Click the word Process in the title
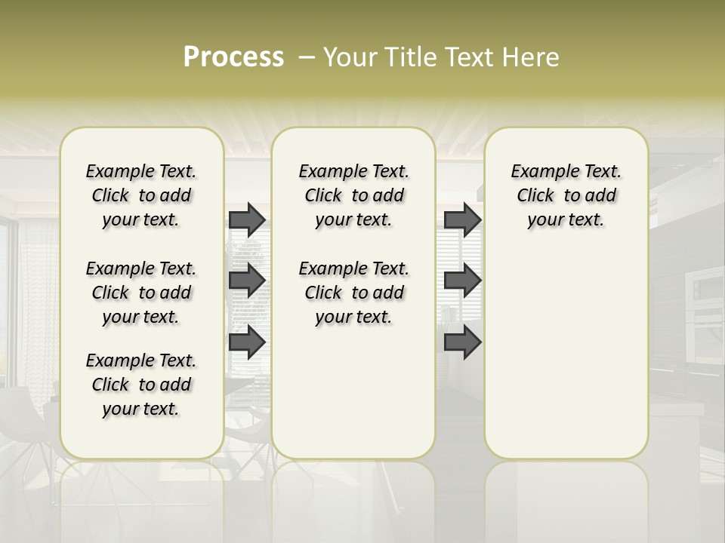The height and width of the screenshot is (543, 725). [x=233, y=57]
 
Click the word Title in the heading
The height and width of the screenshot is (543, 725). [x=408, y=57]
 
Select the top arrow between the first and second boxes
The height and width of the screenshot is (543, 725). [x=247, y=219]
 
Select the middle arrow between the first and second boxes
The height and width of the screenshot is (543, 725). [x=247, y=281]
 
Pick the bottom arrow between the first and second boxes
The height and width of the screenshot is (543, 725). [x=247, y=342]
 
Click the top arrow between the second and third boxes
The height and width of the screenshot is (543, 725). [x=462, y=219]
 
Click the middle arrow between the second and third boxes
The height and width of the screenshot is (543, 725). [x=462, y=281]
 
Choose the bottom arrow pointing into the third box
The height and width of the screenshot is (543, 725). [x=462, y=342]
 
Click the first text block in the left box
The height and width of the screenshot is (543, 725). [x=141, y=195]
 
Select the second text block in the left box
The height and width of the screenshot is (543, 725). [x=141, y=293]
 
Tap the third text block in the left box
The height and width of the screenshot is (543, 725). [x=141, y=385]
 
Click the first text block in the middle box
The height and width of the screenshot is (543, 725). [x=353, y=195]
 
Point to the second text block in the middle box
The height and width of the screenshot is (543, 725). [x=353, y=293]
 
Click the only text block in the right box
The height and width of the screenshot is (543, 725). [x=566, y=195]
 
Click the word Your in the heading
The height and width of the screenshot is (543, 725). [x=350, y=57]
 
